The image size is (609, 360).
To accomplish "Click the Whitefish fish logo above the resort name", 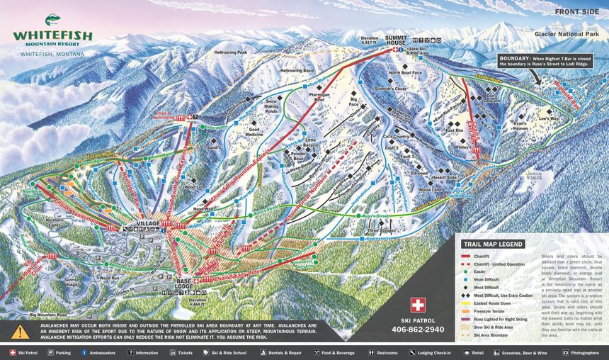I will [x=52, y=20].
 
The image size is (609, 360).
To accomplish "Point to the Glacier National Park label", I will [x=571, y=33].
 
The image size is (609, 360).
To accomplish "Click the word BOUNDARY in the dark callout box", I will [x=516, y=57].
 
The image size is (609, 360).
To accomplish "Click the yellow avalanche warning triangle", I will [x=21, y=331].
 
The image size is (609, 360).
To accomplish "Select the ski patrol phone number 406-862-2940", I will [x=419, y=330].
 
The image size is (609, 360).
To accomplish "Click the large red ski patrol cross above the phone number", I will [x=419, y=305].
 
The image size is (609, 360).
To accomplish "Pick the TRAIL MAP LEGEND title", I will [x=493, y=243].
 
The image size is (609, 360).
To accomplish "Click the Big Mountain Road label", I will [x=52, y=313].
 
